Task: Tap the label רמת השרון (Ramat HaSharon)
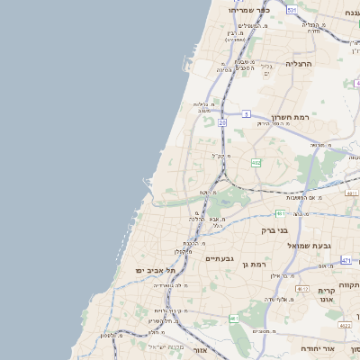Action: coord(290,117)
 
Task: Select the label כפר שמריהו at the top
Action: coord(256,10)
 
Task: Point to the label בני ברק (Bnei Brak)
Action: coord(272,229)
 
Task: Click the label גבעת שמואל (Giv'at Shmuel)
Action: coord(310,245)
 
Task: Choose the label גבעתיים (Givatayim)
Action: coord(220,257)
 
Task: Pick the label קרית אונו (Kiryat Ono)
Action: coord(326,295)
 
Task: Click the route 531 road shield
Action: coord(292,9)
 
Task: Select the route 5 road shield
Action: coord(246,114)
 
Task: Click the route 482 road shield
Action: coord(256,163)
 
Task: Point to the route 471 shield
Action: coord(346,260)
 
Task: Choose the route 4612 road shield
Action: coord(301,288)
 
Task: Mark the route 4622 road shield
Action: coord(345,325)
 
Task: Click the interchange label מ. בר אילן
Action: coord(288,277)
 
